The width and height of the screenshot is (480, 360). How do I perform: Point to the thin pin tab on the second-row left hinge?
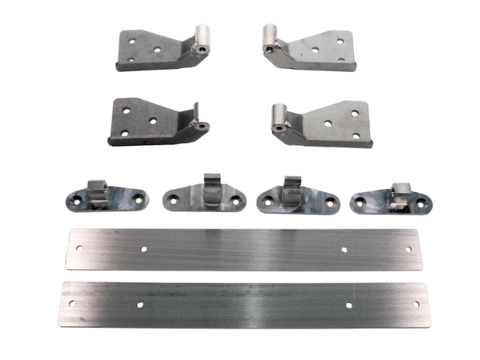point(196,114)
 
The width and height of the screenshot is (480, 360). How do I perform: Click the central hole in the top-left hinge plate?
point(158,51)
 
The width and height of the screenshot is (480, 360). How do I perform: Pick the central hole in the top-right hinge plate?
point(315,51)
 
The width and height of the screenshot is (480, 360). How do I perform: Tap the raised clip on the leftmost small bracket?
point(97,189)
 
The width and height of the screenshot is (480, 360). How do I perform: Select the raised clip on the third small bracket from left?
point(292,186)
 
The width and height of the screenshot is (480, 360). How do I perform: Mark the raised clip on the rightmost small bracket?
point(399,192)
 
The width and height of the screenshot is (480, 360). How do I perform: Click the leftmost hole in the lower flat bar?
point(72,301)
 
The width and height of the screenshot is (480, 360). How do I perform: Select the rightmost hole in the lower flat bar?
point(416,304)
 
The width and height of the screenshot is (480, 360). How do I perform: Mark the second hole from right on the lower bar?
point(349,304)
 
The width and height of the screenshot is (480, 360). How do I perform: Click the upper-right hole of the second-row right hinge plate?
point(355,114)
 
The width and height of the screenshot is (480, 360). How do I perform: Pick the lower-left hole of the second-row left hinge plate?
point(125,133)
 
